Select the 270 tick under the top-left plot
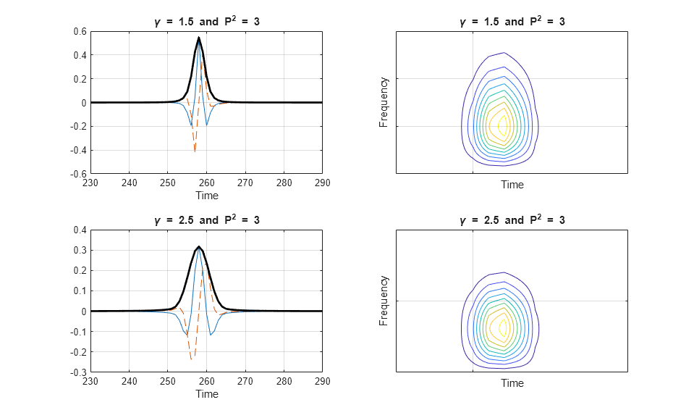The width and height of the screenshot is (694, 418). (245, 183)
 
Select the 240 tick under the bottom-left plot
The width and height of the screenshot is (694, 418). (129, 382)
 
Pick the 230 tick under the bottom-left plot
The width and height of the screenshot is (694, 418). (90, 382)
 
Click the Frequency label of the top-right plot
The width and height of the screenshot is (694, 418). (384, 102)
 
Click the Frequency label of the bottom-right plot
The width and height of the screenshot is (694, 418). (384, 301)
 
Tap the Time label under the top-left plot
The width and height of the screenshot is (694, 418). (207, 196)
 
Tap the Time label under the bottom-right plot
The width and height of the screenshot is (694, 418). (512, 383)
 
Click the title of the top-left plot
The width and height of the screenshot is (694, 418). (207, 22)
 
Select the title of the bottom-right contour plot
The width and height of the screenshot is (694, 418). (512, 220)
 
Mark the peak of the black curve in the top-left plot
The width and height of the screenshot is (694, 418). (198, 38)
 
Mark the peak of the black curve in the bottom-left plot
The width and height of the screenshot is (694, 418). (198, 246)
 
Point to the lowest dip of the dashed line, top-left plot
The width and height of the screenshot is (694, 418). (195, 151)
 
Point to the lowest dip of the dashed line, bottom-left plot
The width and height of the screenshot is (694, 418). (191, 359)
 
